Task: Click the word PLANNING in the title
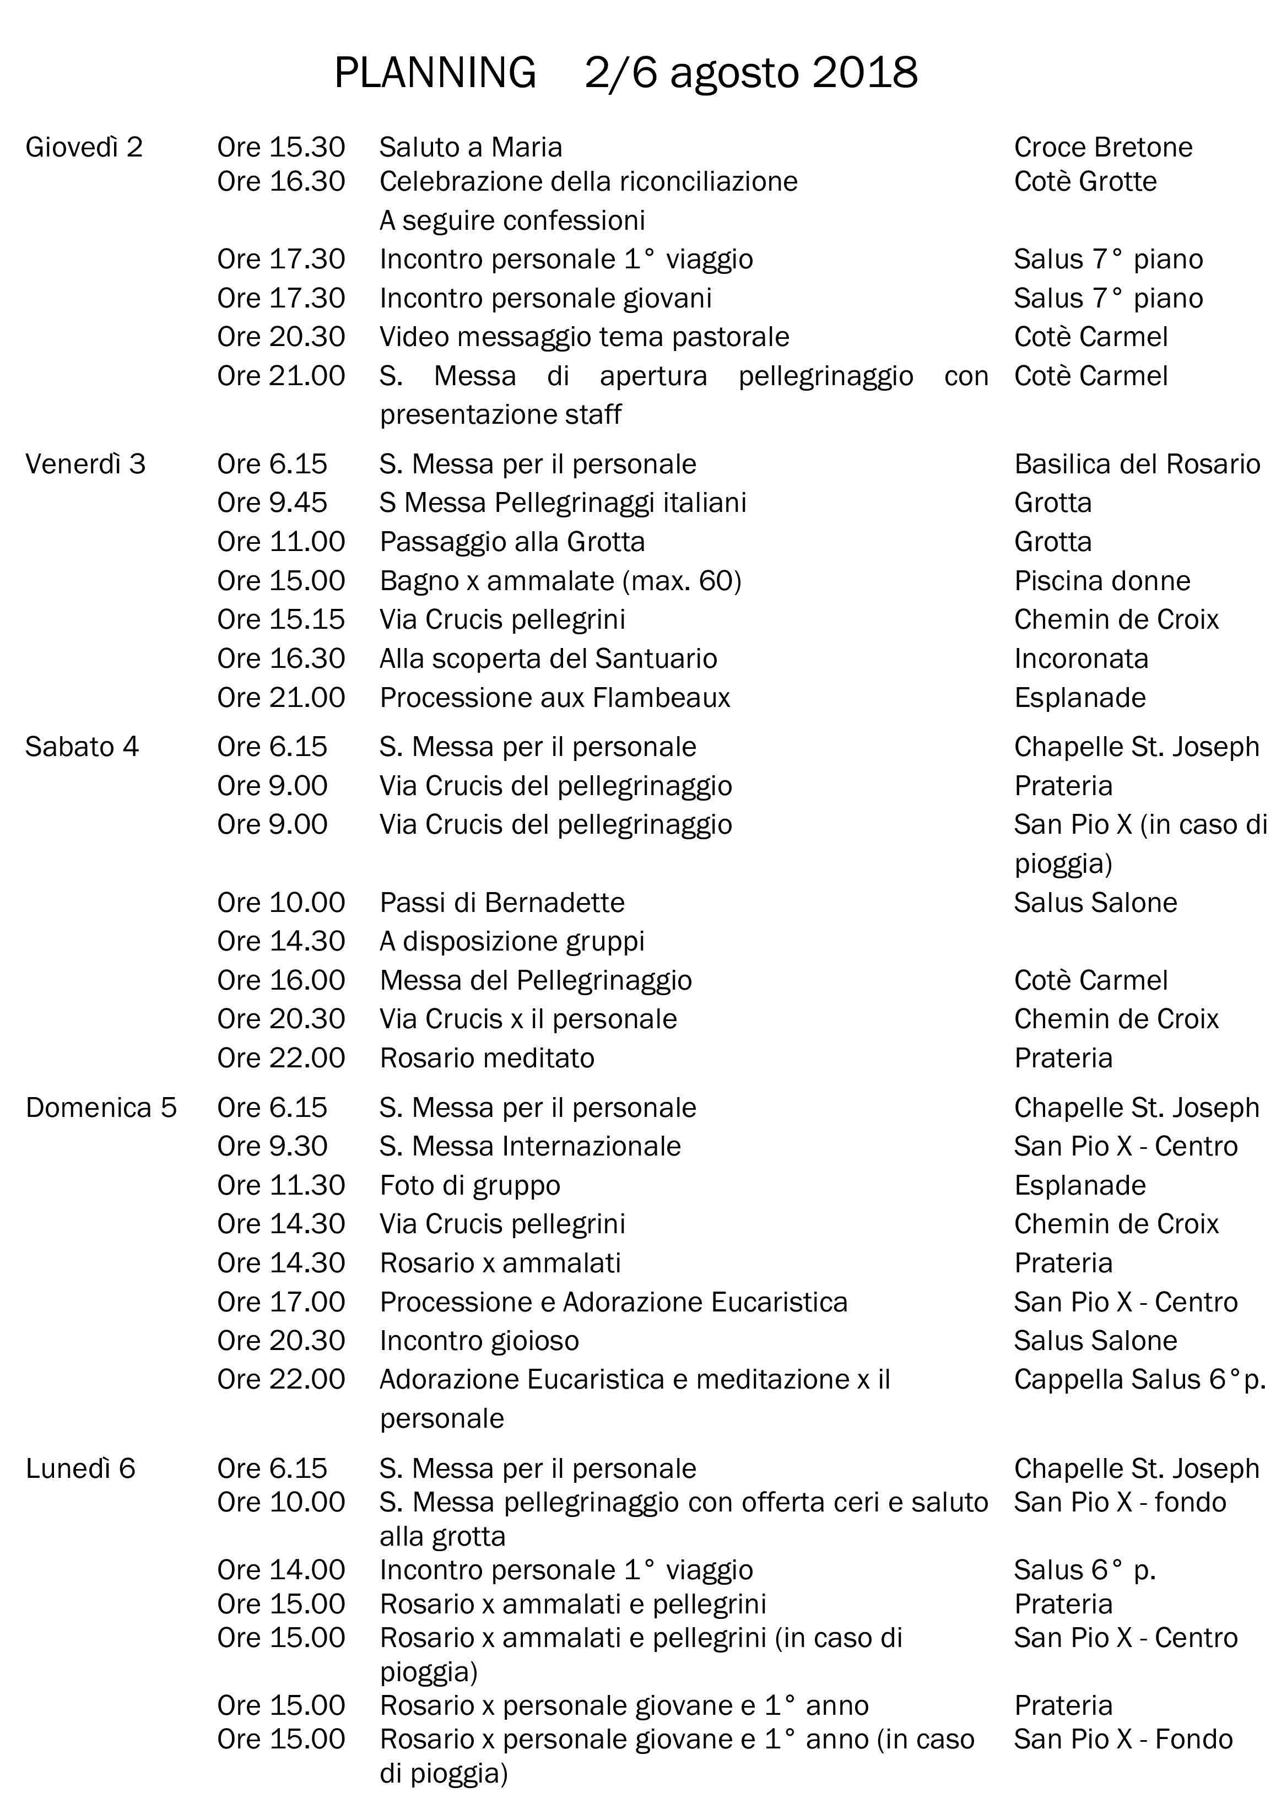435,73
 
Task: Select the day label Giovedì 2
84,147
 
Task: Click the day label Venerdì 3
85,465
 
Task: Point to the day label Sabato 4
82,747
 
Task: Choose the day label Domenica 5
101,1108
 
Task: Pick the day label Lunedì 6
80,1468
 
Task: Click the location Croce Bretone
1103,147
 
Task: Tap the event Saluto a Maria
471,147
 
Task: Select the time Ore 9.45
272,503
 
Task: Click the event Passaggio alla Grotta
512,542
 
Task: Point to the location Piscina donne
1101,581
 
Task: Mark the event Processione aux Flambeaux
555,698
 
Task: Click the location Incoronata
1081,658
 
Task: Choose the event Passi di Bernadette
502,903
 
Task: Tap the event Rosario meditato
486,1059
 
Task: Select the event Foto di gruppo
470,1185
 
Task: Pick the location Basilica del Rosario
1137,465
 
